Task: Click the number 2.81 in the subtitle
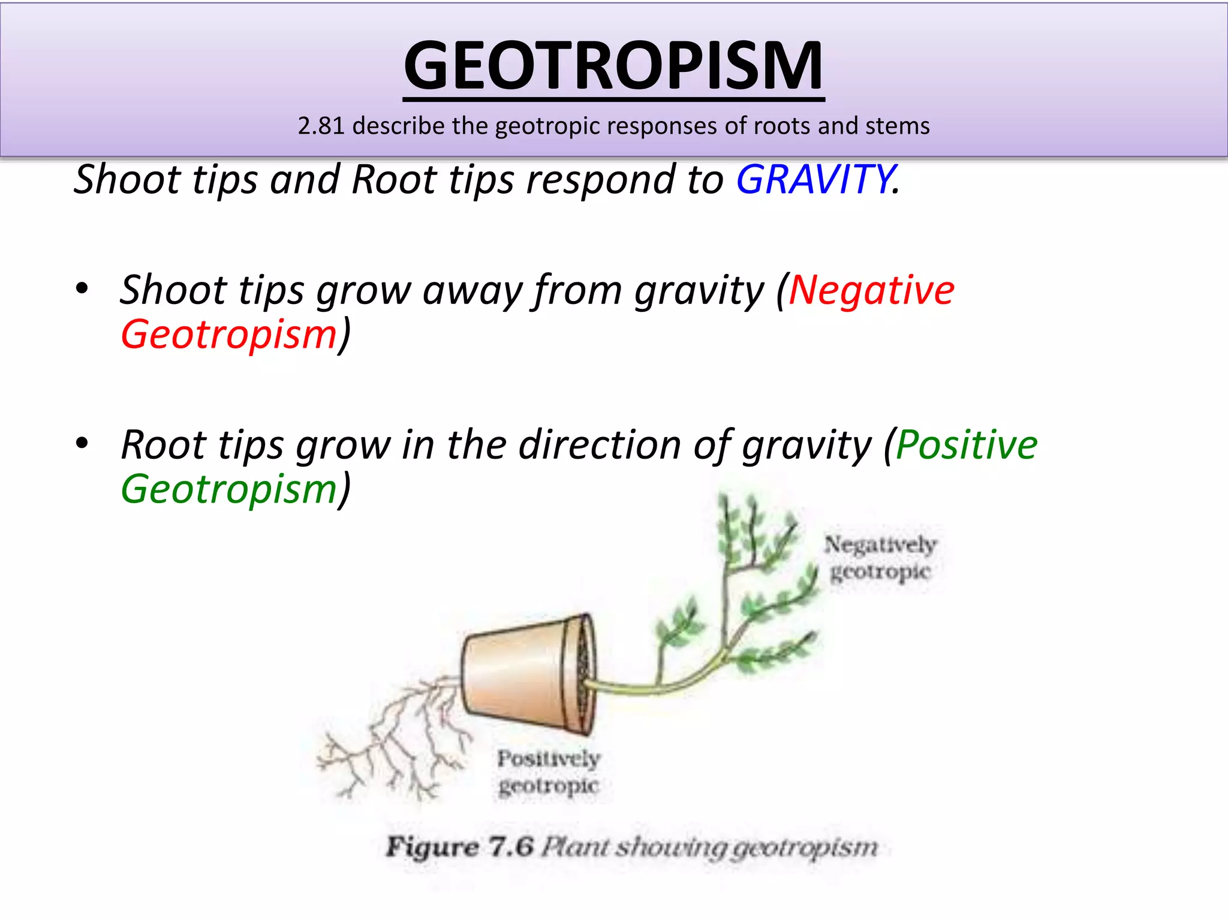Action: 321,126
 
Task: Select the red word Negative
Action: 871,290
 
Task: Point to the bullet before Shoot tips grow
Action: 82,289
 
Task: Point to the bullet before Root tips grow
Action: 82,444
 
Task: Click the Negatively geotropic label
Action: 880,558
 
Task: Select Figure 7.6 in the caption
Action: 459,847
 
